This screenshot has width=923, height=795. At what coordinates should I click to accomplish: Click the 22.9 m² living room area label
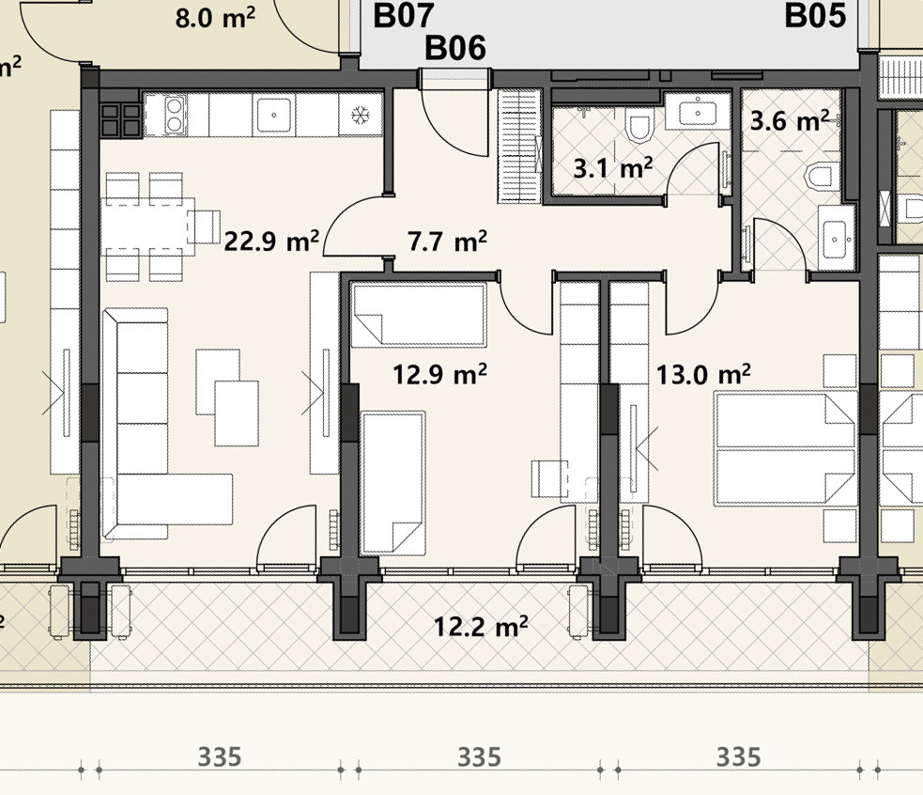271,241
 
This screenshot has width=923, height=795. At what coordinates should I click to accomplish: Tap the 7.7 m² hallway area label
447,241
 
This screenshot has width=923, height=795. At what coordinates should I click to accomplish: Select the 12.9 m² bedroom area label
439,373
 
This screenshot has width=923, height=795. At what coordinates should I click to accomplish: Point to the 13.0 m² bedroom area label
703,374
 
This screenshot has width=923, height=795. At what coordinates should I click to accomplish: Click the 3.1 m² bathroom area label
613,168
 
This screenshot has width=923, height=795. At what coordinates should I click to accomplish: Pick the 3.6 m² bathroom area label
790,120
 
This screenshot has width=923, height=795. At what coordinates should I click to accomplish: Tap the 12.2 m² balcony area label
481,626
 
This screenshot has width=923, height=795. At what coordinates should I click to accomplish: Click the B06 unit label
455,48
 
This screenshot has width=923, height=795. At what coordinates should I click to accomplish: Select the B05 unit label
815,15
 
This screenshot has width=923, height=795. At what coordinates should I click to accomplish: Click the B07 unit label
404,15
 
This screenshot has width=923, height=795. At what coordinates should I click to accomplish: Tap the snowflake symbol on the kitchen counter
360,115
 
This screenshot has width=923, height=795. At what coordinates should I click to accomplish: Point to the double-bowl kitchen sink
175,115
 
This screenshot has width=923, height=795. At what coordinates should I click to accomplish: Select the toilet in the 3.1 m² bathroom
638,125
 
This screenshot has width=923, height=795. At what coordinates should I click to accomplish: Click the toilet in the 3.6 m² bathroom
821,177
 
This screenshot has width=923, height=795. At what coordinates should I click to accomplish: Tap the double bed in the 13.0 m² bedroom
786,449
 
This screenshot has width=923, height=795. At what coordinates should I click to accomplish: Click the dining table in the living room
147,226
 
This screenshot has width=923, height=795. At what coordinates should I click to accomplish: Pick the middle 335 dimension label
479,757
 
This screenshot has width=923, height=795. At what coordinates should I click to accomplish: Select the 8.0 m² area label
215,18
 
